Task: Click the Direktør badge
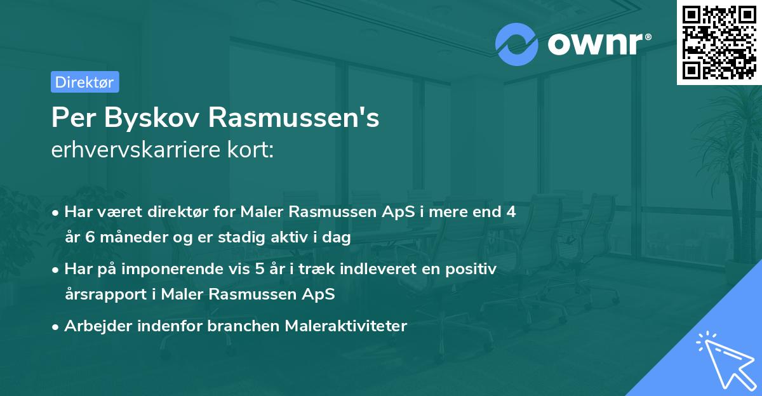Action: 84,82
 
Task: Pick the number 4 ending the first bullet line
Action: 511,212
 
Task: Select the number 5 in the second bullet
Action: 260,268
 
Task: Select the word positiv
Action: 472,268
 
